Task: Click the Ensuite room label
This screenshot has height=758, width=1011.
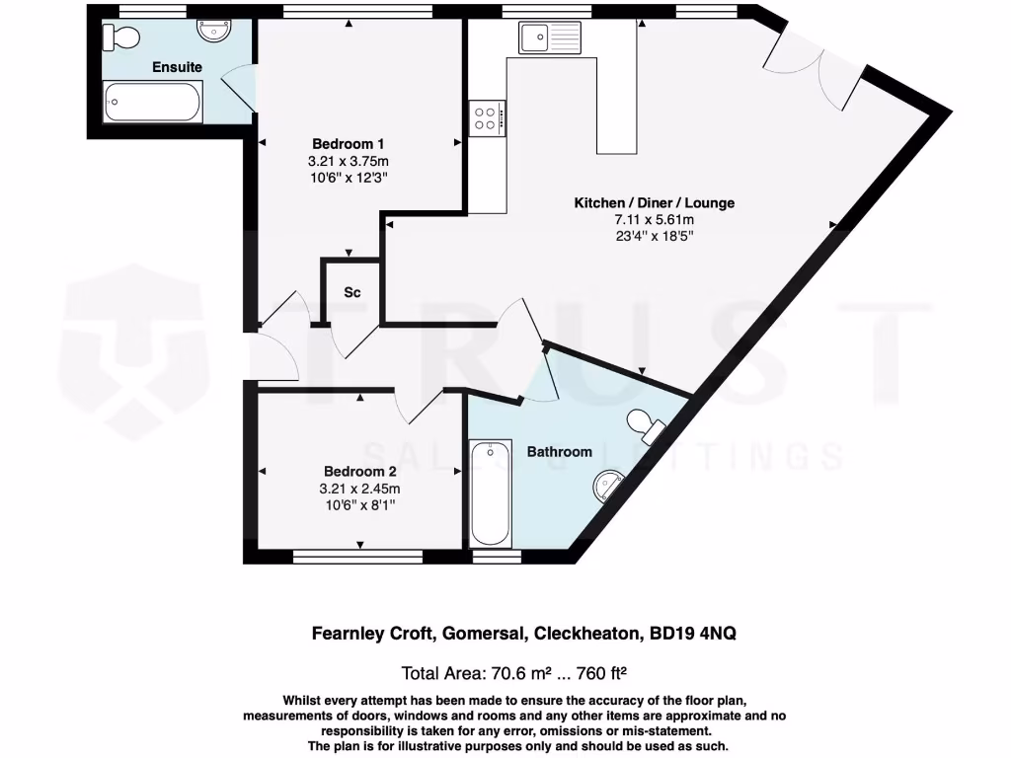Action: click(x=177, y=67)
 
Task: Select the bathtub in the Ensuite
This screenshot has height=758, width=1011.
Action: click(x=154, y=102)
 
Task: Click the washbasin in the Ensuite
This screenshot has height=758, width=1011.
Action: click(x=214, y=33)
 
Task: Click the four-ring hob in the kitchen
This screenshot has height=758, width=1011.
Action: click(x=486, y=118)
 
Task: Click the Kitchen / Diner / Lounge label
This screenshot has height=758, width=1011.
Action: click(x=654, y=202)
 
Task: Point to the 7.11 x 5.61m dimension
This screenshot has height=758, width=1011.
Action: click(x=654, y=219)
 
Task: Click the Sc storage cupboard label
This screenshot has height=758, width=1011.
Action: click(x=351, y=293)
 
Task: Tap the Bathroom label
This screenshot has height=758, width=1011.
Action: click(x=559, y=451)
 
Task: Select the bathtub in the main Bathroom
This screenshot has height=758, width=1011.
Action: click(x=490, y=493)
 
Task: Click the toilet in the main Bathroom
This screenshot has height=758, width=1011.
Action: click(x=648, y=425)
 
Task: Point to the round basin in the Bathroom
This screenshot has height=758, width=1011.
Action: click(x=608, y=484)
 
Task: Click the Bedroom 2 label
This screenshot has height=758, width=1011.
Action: click(x=361, y=471)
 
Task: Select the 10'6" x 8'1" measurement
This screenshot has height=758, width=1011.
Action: click(x=361, y=504)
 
